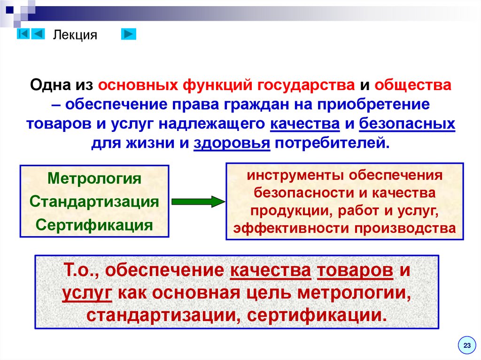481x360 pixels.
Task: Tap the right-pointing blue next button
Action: (128, 34)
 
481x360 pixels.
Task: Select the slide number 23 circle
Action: (466, 345)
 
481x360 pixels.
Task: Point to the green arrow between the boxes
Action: (198, 202)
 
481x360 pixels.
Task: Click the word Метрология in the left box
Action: (94, 179)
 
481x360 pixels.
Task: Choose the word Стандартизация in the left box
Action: (94, 202)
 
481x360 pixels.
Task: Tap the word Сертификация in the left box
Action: (94, 225)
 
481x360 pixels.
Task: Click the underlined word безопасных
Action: (407, 124)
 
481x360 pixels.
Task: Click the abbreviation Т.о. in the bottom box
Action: (80, 271)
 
